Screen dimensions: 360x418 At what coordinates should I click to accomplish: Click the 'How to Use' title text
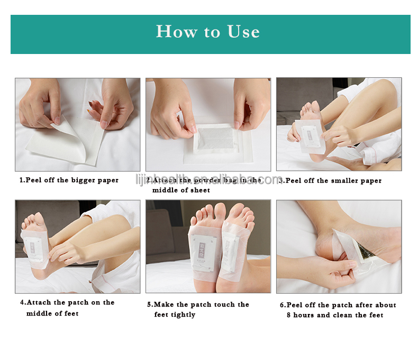(208, 32)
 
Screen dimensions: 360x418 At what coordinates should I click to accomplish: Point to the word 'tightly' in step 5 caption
(183, 315)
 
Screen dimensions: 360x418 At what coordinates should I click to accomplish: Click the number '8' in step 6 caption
(289, 315)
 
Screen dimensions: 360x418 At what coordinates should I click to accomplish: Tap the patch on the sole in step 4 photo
(33, 247)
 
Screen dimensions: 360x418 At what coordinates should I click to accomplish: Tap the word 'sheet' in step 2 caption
(199, 190)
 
